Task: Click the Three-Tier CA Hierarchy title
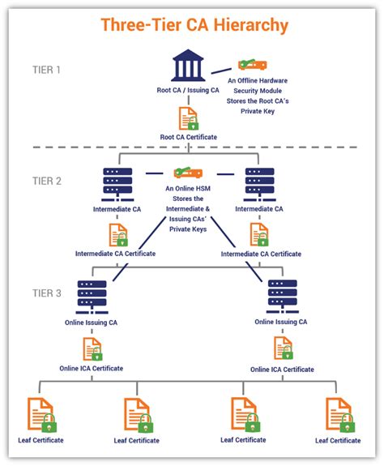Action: [194, 25]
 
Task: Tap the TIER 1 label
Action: [46, 70]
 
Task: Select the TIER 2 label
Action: [47, 181]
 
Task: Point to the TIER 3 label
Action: [47, 293]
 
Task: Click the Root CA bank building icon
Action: [188, 66]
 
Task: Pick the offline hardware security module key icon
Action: [253, 65]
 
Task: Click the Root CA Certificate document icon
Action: [189, 118]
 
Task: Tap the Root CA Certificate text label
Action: [189, 137]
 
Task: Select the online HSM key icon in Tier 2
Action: [188, 173]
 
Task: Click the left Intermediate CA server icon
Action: [117, 185]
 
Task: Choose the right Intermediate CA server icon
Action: [259, 185]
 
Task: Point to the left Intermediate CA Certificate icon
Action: [118, 235]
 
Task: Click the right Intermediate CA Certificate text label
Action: [261, 254]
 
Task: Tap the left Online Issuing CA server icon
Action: [92, 297]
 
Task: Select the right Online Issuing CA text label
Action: [281, 322]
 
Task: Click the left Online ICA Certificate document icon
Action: [92, 349]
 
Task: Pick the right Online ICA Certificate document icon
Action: [284, 348]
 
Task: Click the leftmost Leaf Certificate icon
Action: [42, 415]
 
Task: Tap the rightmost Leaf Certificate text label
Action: [338, 440]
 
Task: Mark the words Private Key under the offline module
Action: [258, 111]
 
